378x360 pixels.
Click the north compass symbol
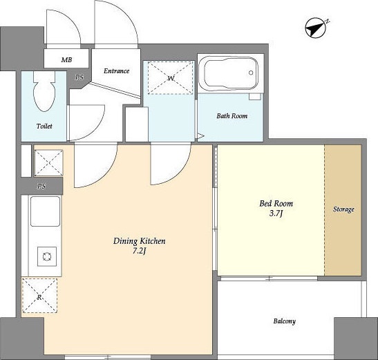316,28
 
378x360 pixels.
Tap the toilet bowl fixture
45,92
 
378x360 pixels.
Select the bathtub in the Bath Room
231,73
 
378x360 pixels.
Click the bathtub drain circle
251,73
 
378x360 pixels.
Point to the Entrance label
116,71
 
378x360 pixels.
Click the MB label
66,60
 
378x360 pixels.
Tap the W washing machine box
171,78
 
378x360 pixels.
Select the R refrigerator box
39,296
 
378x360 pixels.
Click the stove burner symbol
47,256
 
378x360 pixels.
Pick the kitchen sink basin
45,211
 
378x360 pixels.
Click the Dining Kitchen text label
140,241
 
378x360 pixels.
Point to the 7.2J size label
140,251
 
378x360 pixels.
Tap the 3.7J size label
276,214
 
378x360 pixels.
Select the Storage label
343,209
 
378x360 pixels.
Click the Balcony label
285,321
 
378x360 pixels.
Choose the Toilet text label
44,126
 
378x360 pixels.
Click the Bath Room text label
232,116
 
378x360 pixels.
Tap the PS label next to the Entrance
79,77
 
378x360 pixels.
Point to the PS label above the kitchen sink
41,186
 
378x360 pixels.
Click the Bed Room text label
276,204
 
